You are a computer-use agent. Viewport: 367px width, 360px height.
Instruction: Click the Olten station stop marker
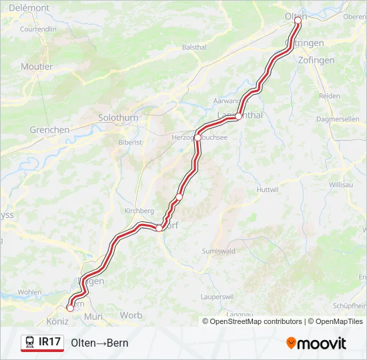click(x=298, y=20)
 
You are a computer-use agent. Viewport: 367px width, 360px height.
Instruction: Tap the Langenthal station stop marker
click(x=238, y=116)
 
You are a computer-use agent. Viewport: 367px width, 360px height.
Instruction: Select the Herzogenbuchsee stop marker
click(x=198, y=137)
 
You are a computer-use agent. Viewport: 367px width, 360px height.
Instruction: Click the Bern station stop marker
click(x=70, y=307)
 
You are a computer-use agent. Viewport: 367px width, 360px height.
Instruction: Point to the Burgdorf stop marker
click(x=159, y=228)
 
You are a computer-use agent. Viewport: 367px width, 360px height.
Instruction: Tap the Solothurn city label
click(x=118, y=117)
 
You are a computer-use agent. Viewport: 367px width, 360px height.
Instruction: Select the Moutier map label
click(x=37, y=67)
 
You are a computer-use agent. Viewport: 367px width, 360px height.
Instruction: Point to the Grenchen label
click(x=49, y=130)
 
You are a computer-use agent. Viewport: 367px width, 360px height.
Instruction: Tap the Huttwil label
click(x=267, y=190)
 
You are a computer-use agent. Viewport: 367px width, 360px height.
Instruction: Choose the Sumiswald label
click(x=218, y=251)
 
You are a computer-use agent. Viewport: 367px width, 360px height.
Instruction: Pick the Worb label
click(x=131, y=315)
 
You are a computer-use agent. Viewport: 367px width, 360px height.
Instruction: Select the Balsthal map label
click(x=194, y=48)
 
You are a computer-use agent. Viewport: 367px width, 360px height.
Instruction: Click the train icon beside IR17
click(x=30, y=343)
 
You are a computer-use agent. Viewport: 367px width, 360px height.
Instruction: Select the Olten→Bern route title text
click(x=99, y=343)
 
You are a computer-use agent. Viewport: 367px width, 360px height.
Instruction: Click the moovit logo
click(x=316, y=343)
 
